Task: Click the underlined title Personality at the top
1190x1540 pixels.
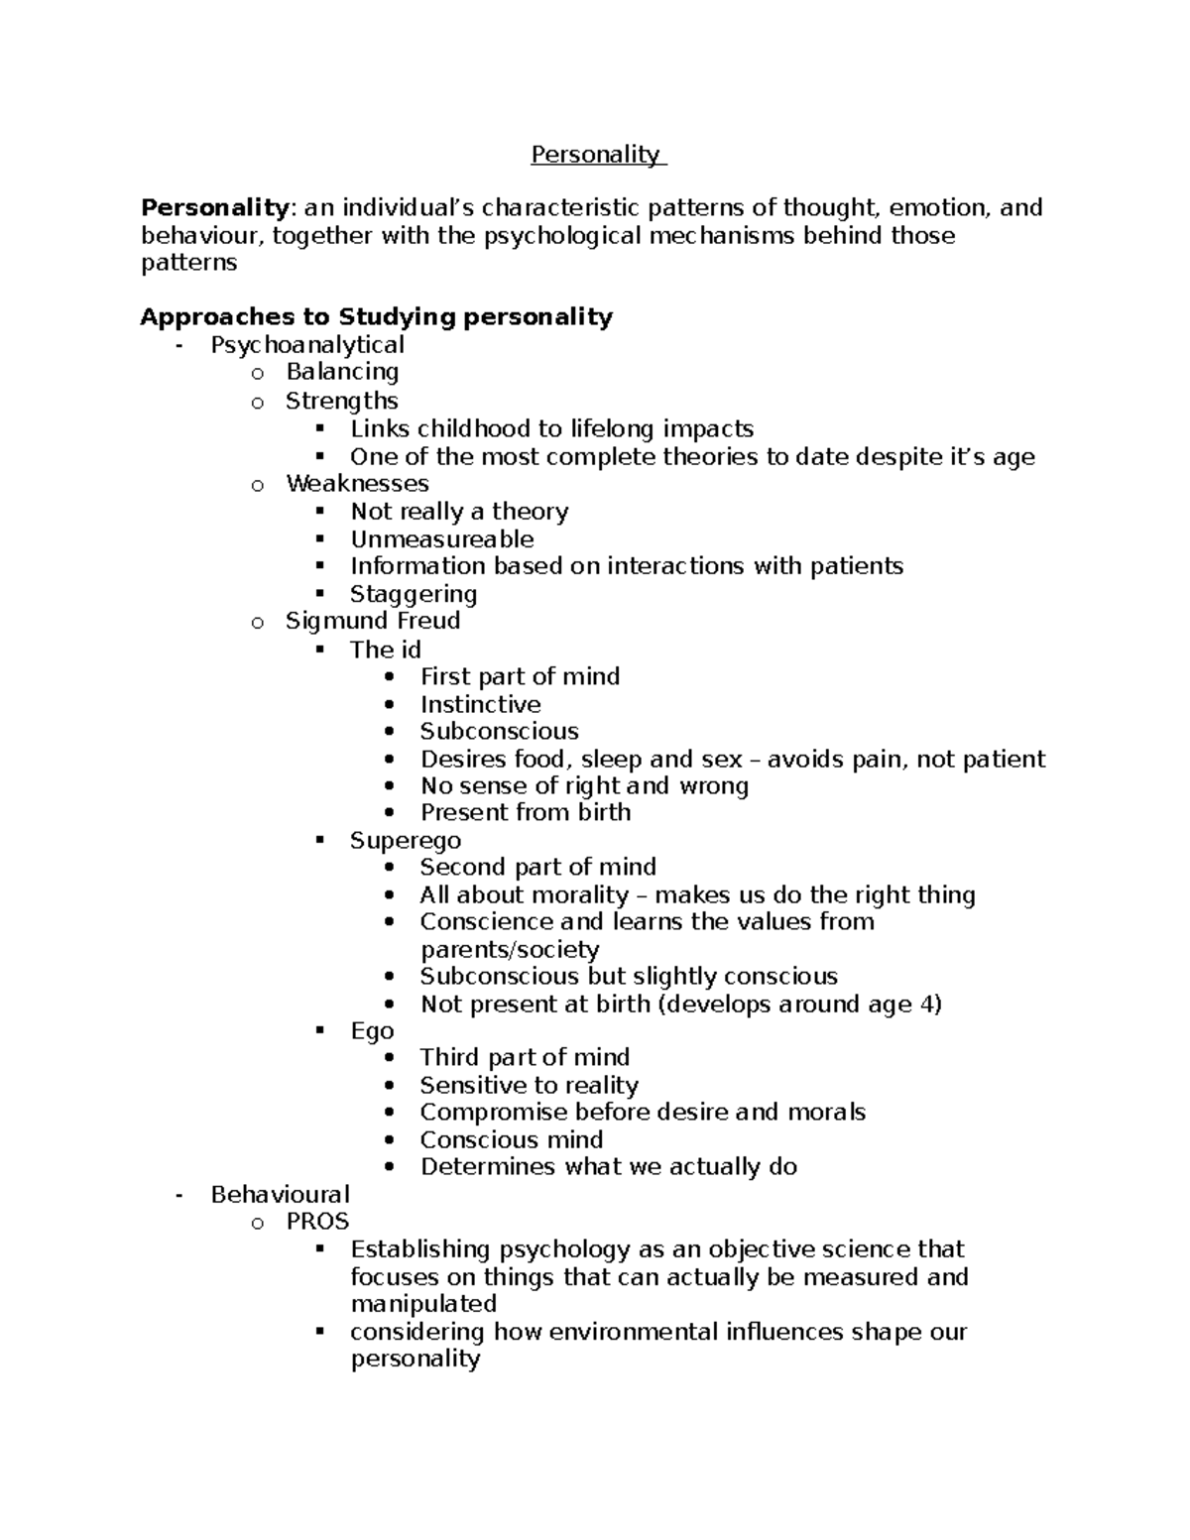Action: [595, 155]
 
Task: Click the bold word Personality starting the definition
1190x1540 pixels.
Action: [214, 208]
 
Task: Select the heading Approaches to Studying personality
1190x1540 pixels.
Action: [376, 317]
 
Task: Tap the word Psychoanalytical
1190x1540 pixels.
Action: [306, 345]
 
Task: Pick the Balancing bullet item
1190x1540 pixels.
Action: [342, 372]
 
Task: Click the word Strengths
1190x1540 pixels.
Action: [341, 401]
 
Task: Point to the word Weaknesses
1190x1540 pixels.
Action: [357, 484]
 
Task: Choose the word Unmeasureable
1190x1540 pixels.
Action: [441, 539]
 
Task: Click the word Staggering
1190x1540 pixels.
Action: [414, 594]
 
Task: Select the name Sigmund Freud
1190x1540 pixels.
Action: [373, 621]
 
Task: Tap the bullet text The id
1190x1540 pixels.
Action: [385, 650]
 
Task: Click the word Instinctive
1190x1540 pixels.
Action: [480, 705]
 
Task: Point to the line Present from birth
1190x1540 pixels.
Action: [525, 812]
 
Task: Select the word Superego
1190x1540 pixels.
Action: [405, 841]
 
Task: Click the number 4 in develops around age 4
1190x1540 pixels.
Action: [927, 1004]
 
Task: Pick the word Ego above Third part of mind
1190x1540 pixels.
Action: [372, 1031]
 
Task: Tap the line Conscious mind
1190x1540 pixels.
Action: [511, 1139]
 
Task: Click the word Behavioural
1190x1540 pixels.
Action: [280, 1194]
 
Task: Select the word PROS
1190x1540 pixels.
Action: [317, 1222]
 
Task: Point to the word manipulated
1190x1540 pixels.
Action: [423, 1303]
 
